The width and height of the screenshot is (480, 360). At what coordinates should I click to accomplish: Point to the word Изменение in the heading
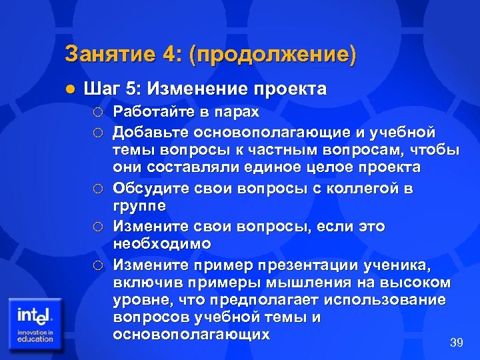tap(197, 89)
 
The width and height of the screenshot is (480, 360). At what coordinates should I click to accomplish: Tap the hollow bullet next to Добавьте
tap(99, 131)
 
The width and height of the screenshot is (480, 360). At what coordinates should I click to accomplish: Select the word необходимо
tap(163, 244)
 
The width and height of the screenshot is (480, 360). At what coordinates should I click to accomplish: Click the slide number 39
tap(457, 343)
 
